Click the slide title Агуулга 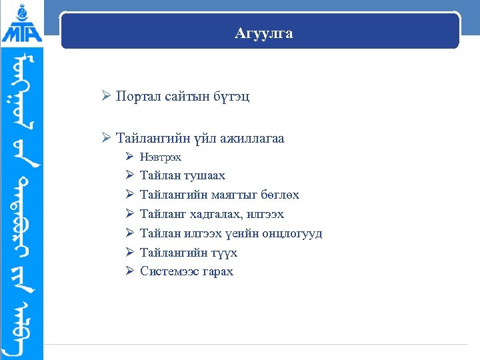[264, 33]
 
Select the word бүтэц [232, 96]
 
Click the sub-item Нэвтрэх [161, 157]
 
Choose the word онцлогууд [292, 234]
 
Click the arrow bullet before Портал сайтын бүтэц [106, 96]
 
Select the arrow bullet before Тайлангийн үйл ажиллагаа [106, 139]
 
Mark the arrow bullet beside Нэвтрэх [130, 157]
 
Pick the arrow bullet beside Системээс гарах [130, 271]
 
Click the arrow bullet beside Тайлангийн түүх [130, 253]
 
